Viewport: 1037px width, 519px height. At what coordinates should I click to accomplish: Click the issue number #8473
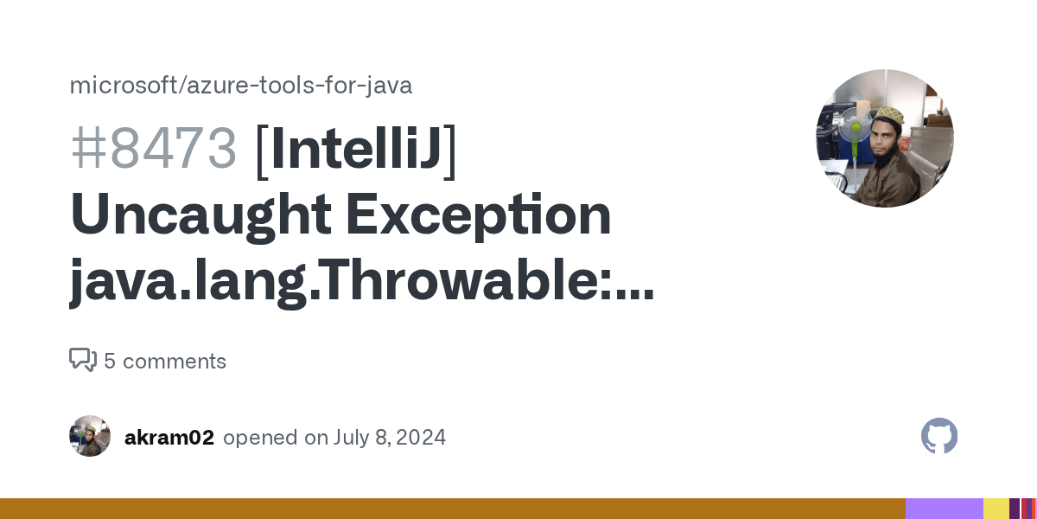153,148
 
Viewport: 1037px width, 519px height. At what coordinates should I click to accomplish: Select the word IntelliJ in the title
356,148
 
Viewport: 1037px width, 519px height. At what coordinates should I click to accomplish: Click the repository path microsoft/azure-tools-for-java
240,86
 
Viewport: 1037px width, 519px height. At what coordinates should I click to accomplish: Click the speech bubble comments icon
83,360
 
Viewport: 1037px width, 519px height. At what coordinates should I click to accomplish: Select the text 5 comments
165,362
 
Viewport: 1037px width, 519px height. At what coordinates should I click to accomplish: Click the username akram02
169,438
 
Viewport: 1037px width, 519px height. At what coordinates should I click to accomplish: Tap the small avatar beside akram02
90,436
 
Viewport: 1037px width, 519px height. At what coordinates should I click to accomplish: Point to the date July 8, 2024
388,438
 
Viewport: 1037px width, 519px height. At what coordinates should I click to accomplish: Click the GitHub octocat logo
939,436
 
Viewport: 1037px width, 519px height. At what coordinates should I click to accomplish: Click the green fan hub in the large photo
856,127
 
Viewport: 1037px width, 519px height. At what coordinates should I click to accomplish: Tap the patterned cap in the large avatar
890,116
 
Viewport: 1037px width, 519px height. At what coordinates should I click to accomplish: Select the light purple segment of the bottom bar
944,509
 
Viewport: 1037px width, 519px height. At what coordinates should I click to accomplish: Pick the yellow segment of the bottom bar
996,509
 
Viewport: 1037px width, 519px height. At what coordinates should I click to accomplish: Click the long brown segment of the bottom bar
449,509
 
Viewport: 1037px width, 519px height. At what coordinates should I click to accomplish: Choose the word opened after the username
259,438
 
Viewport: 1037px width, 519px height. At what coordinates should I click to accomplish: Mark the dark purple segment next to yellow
1015,509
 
